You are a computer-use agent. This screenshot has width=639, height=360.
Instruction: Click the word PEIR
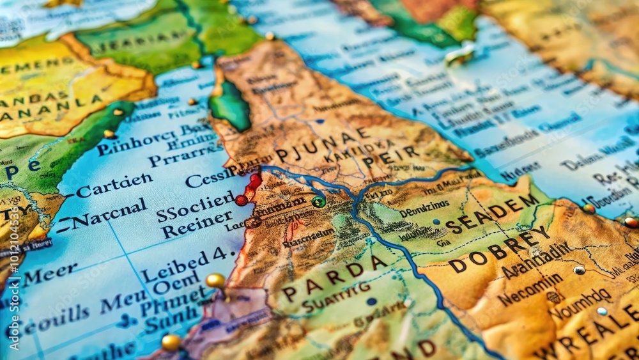390,156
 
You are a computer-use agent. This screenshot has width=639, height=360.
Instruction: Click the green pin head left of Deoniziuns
318,201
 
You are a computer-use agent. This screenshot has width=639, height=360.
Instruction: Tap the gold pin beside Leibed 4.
215,280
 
